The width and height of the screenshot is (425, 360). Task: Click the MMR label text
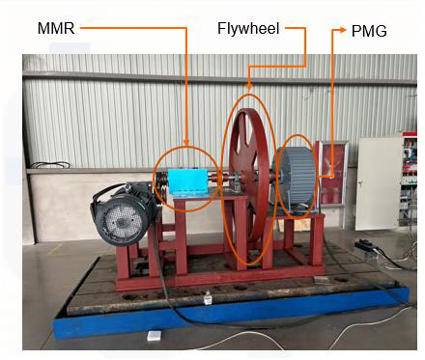(56, 28)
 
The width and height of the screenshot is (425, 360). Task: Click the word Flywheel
(248, 29)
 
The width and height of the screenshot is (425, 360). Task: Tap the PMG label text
(369, 31)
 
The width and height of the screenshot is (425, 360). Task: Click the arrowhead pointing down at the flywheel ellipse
(249, 87)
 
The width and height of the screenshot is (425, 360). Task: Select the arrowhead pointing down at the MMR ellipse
(186, 142)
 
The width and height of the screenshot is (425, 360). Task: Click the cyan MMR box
(187, 181)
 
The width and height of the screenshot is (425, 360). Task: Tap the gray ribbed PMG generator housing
(296, 179)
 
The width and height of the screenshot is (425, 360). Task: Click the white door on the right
(379, 183)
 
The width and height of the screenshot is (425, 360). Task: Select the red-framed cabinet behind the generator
(332, 174)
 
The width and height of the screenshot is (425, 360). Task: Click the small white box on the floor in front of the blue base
(155, 336)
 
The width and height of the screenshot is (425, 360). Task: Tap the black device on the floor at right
(368, 246)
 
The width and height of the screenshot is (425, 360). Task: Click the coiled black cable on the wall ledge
(50, 165)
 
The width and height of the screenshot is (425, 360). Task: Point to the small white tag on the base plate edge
(208, 299)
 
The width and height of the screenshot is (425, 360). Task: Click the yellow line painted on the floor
(54, 250)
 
